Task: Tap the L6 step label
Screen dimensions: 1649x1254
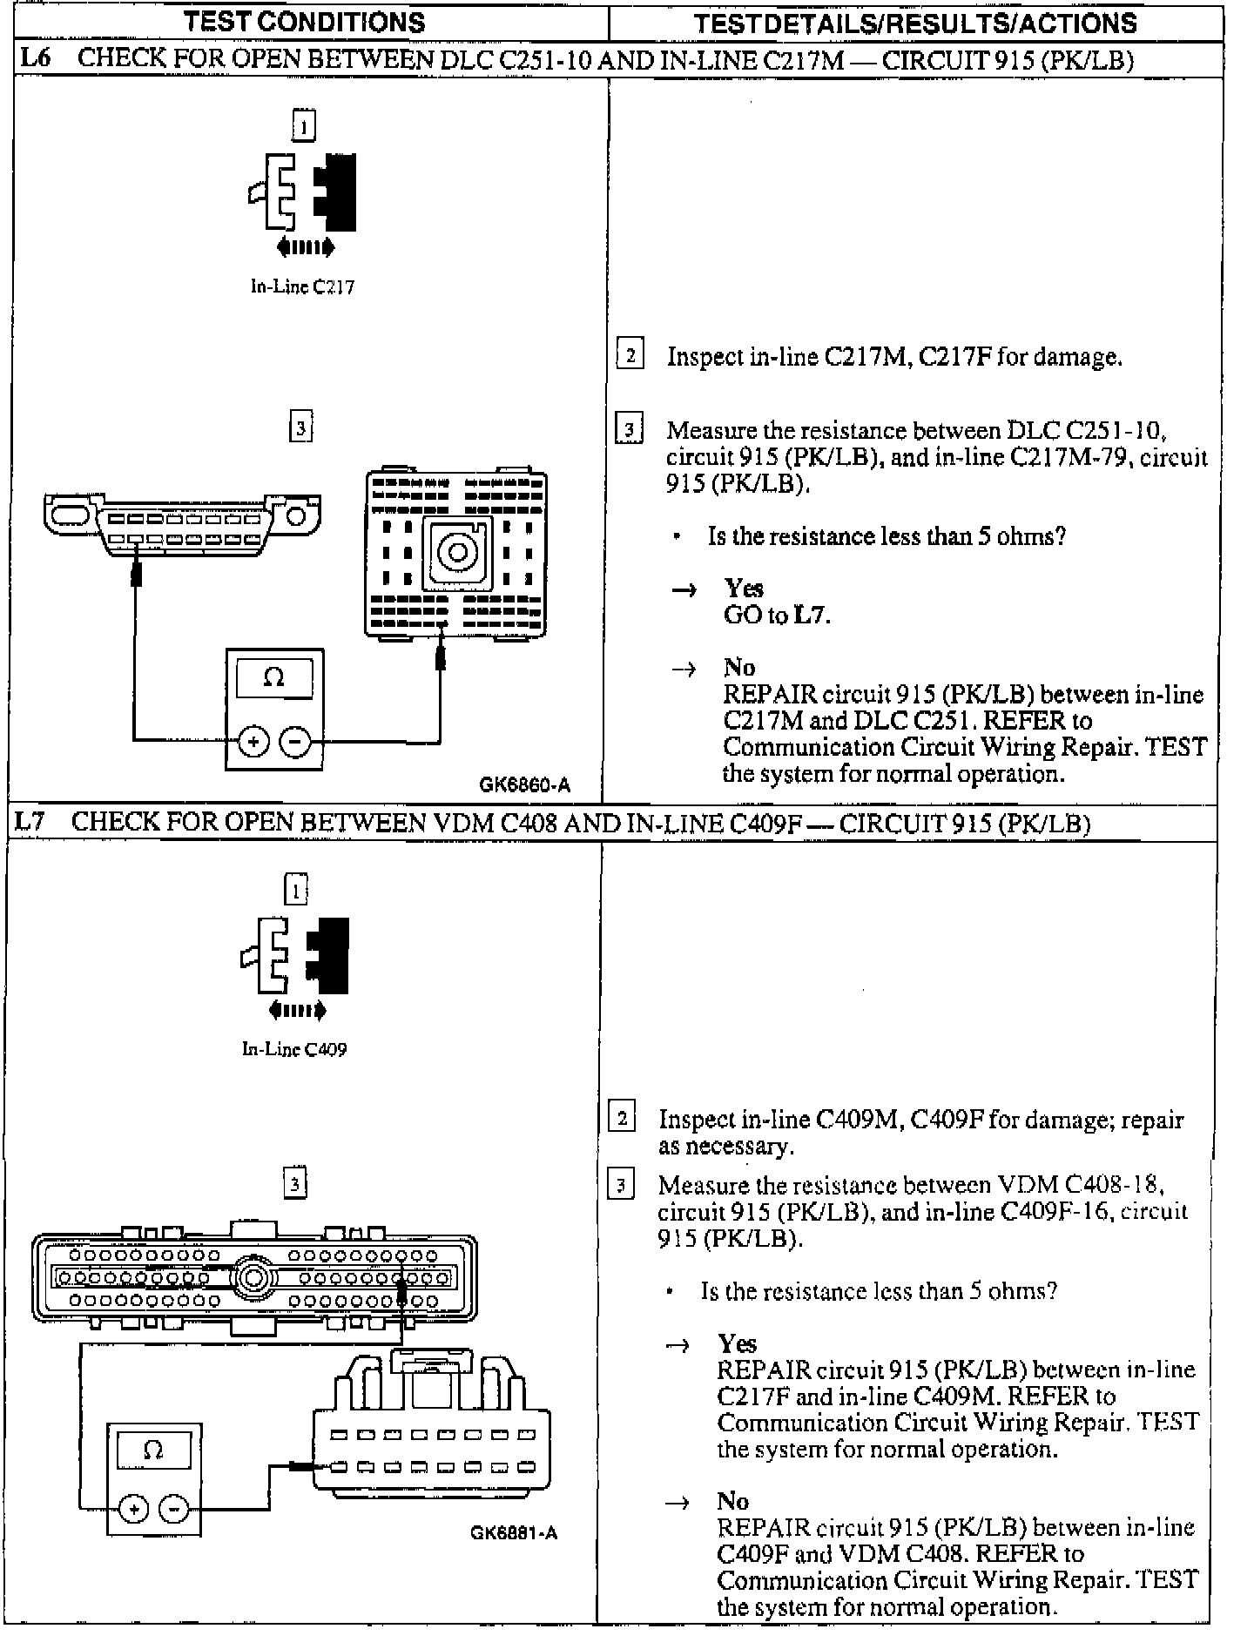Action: coord(37,58)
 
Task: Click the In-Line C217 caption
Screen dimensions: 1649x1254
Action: coord(302,286)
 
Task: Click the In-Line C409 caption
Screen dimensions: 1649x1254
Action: coord(294,1049)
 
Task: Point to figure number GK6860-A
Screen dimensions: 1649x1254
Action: coord(524,784)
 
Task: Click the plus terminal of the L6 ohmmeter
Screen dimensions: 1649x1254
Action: coord(253,742)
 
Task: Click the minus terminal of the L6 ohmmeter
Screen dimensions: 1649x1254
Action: coord(295,742)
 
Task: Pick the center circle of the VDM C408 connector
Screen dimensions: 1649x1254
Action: coord(253,1278)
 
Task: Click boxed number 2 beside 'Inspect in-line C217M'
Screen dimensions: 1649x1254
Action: coord(630,354)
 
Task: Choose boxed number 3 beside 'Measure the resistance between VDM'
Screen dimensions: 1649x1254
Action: coord(620,1185)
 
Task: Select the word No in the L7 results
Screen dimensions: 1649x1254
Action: coord(732,1500)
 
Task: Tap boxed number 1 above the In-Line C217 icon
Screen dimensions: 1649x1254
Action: coord(303,126)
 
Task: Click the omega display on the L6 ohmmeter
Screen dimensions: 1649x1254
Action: coord(273,677)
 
